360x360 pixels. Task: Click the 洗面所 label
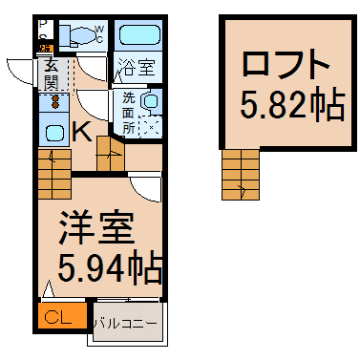click(x=129, y=113)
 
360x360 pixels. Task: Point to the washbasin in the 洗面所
click(x=151, y=101)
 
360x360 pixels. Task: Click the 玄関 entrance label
click(x=51, y=74)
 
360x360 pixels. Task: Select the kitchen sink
click(x=54, y=132)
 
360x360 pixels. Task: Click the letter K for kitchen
click(x=82, y=131)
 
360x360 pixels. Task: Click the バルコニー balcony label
click(x=127, y=324)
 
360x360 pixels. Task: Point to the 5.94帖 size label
click(x=109, y=266)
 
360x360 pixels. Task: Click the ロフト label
click(x=286, y=64)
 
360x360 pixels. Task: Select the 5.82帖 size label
click(x=292, y=105)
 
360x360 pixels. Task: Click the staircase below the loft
click(x=241, y=175)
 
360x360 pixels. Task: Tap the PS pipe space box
click(x=43, y=30)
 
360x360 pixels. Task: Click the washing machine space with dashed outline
click(x=151, y=127)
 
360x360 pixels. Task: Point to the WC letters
click(x=99, y=34)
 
